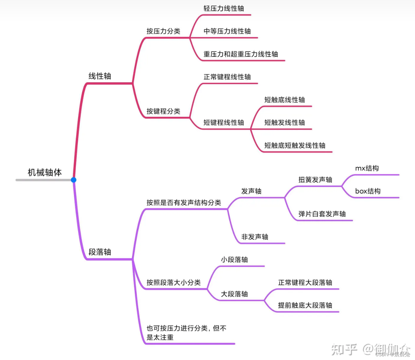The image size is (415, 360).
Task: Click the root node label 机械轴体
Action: point(45,172)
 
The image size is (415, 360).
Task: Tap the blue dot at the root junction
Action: point(73,180)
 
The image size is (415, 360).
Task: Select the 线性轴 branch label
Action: point(100,76)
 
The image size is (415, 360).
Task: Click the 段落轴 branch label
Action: point(100,252)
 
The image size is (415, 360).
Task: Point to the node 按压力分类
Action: point(163,31)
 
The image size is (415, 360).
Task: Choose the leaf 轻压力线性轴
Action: point(224,9)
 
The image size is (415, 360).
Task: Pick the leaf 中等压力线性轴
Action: point(227,31)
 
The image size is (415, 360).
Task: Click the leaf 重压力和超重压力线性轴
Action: point(241,54)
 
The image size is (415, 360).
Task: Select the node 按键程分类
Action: point(163,111)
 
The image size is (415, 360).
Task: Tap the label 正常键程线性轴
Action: point(227,77)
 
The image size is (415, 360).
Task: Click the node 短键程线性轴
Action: point(224,122)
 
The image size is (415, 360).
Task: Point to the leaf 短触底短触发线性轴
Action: point(295,145)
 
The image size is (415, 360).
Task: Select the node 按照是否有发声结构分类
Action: point(184,203)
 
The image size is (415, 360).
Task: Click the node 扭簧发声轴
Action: point(315,179)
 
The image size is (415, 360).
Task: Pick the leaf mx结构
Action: point(367,168)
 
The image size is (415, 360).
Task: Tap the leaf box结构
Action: point(368,191)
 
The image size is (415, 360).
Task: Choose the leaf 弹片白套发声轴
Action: point(322,214)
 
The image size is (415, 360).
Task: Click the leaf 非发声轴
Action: point(255,237)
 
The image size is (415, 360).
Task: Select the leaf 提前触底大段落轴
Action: point(305,305)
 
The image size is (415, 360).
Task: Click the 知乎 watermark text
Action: point(344,349)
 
